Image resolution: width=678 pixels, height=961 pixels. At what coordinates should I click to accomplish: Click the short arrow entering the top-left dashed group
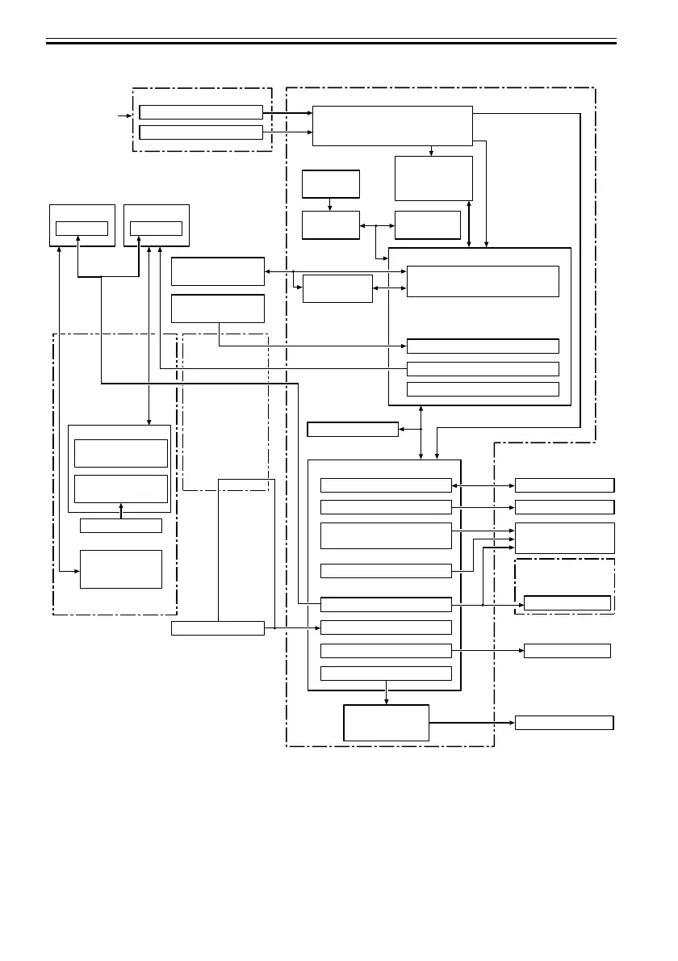click(x=123, y=116)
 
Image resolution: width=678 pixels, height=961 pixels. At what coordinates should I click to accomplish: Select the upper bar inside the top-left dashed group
click(x=201, y=112)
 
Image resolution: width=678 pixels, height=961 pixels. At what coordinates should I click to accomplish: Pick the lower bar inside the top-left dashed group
click(x=201, y=132)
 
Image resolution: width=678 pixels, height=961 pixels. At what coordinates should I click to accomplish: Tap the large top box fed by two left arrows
click(x=391, y=125)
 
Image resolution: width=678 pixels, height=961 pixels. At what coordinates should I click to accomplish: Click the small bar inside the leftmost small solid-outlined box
click(x=82, y=228)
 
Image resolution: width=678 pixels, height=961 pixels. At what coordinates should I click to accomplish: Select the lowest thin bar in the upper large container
click(x=483, y=389)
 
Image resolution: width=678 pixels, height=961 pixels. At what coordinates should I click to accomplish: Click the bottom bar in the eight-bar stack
click(x=386, y=674)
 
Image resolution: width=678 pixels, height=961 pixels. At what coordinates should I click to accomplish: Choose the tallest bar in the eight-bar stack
click(x=386, y=535)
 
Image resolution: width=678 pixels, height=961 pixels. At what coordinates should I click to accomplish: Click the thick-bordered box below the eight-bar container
click(x=386, y=723)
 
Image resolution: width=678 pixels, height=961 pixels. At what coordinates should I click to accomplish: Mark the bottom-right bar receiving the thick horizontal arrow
click(x=564, y=723)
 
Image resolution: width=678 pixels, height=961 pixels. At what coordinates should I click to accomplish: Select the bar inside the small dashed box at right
click(x=567, y=602)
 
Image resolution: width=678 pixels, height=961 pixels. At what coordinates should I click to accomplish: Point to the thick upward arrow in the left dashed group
click(x=121, y=510)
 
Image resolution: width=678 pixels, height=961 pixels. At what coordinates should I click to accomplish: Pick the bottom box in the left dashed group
click(x=121, y=569)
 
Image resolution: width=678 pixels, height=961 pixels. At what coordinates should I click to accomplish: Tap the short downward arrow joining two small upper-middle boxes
click(x=330, y=204)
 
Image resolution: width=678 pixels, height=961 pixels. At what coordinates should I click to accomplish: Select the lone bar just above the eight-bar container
click(x=353, y=429)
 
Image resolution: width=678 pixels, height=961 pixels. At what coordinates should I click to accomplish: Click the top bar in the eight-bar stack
click(x=386, y=485)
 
